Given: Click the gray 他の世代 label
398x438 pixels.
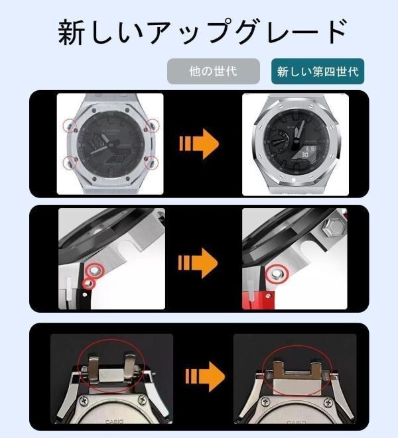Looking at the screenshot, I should coord(213,71).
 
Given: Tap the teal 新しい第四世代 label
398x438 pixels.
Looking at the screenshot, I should coord(318,71).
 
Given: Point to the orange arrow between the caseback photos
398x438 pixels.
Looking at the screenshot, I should coord(202,377).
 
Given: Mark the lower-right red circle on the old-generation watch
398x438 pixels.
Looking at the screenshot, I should coord(152,162).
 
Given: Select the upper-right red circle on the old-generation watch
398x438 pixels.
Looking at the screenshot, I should coord(152,124).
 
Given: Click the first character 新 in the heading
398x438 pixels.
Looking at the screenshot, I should coord(72,32).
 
